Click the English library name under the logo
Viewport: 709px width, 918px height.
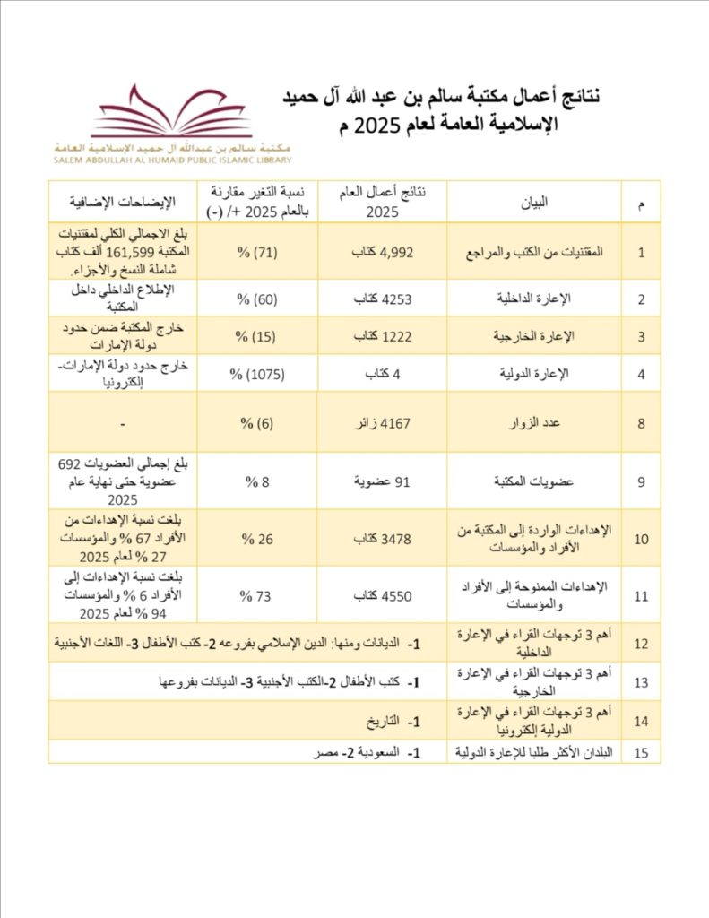(x=172, y=160)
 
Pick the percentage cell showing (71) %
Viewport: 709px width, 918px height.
(x=261, y=252)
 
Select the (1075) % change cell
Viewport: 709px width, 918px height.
(x=260, y=375)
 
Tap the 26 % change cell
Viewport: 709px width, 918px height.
(x=260, y=539)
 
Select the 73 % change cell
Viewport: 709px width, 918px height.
(x=260, y=593)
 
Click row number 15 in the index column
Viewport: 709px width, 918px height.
(x=641, y=752)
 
